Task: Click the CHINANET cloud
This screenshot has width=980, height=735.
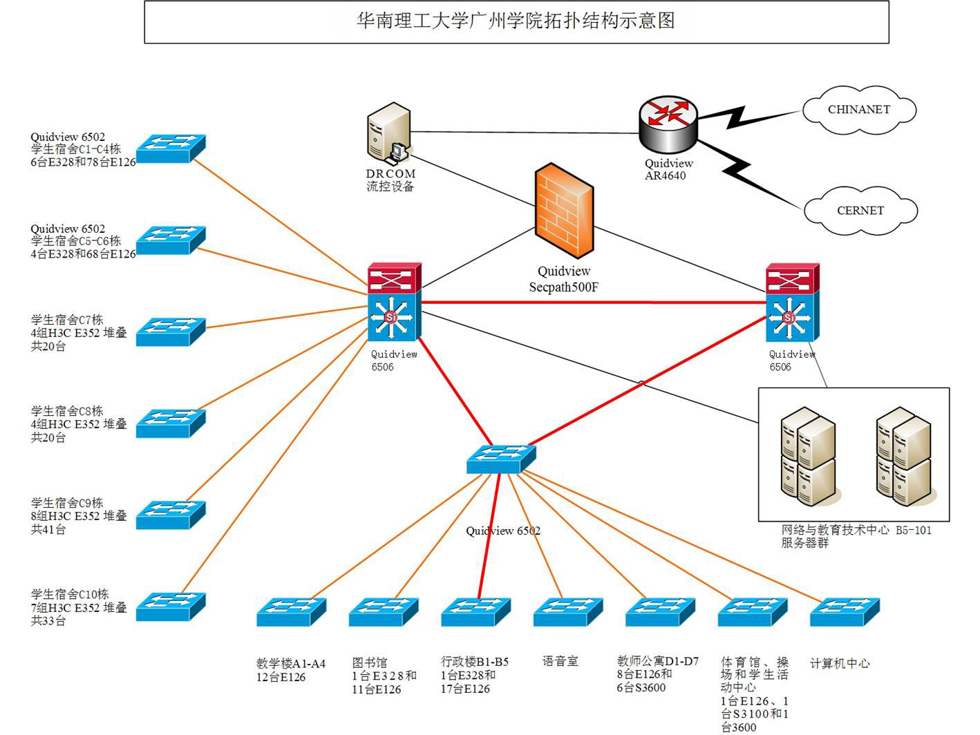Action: [x=859, y=110]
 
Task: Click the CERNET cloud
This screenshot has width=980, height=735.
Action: [x=860, y=211]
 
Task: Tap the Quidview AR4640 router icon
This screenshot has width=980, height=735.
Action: [x=668, y=124]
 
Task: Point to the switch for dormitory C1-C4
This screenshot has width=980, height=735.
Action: [x=171, y=148]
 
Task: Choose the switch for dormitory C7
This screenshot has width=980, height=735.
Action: [x=171, y=332]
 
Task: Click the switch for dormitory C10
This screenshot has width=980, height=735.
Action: [x=171, y=607]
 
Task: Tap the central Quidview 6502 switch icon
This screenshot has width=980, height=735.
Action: [x=501, y=459]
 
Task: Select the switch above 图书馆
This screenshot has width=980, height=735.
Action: [x=384, y=612]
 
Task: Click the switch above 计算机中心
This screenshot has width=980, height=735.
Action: [x=845, y=612]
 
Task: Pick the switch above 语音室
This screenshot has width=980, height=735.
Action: [x=568, y=612]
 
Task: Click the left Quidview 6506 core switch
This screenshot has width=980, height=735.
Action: [x=394, y=303]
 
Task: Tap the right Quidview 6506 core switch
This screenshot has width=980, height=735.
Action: [x=792, y=303]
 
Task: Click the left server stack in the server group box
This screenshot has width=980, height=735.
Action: [x=808, y=455]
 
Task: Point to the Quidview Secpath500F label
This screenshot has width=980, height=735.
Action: [x=564, y=279]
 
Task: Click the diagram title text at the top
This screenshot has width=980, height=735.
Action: [x=516, y=21]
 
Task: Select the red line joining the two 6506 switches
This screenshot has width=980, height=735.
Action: [x=593, y=303]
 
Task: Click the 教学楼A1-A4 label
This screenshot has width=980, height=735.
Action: [x=290, y=670]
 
